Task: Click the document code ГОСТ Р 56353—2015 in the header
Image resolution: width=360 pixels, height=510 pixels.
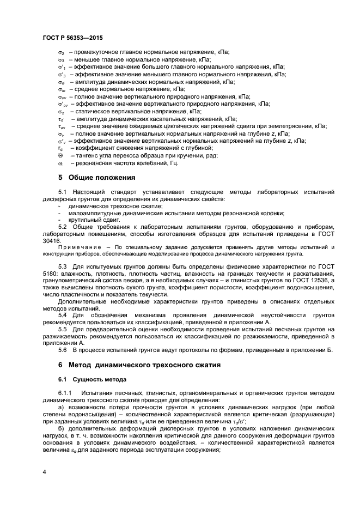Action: point(72,38)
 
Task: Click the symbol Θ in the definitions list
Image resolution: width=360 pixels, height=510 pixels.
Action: point(60,155)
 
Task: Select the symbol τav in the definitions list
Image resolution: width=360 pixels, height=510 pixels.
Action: point(62,126)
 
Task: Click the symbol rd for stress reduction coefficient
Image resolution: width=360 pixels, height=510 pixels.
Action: point(60,148)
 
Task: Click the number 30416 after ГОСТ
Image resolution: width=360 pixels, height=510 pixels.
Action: point(51,240)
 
